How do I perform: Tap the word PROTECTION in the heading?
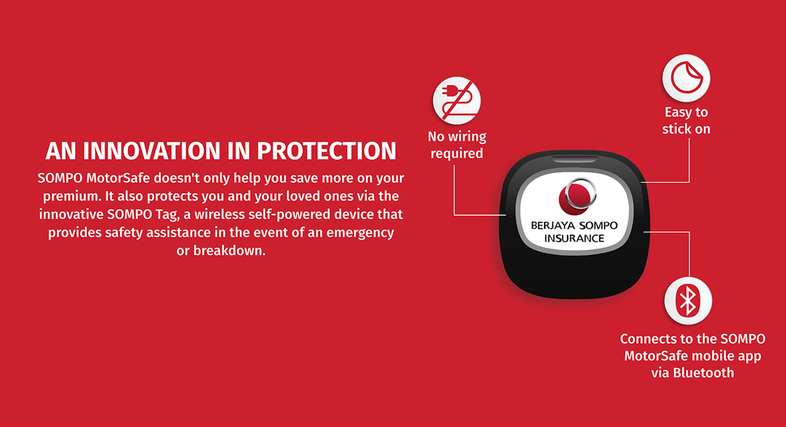[327, 151]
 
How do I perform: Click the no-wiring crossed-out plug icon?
[457, 101]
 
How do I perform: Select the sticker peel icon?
[687, 78]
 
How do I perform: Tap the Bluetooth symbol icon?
[688, 301]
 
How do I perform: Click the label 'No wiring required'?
[457, 145]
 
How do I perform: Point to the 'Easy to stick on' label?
[687, 121]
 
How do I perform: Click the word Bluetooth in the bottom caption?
[703, 373]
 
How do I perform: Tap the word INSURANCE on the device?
[575, 238]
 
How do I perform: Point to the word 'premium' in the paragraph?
[72, 196]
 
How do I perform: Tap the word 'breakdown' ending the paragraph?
[229, 250]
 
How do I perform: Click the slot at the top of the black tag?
[575, 160]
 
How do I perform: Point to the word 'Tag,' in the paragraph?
[166, 215]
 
